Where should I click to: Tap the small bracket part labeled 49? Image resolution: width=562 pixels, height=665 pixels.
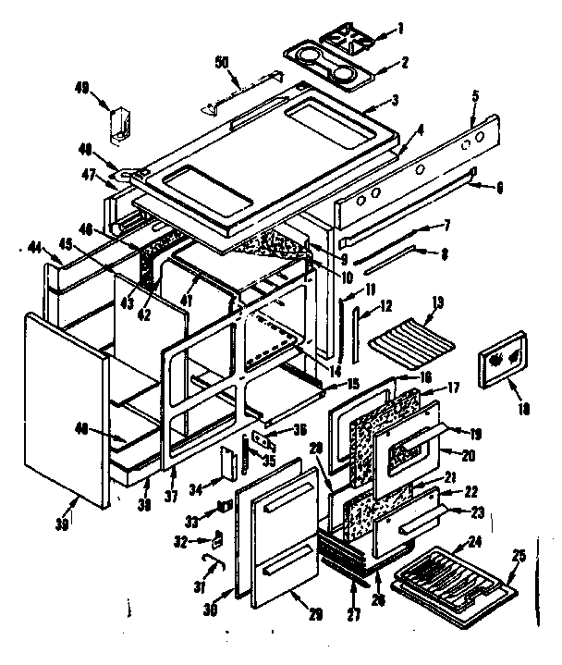tap(119, 126)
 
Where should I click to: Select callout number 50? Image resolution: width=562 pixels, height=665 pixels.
tap(222, 62)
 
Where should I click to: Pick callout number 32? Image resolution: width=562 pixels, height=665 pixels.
tap(181, 540)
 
